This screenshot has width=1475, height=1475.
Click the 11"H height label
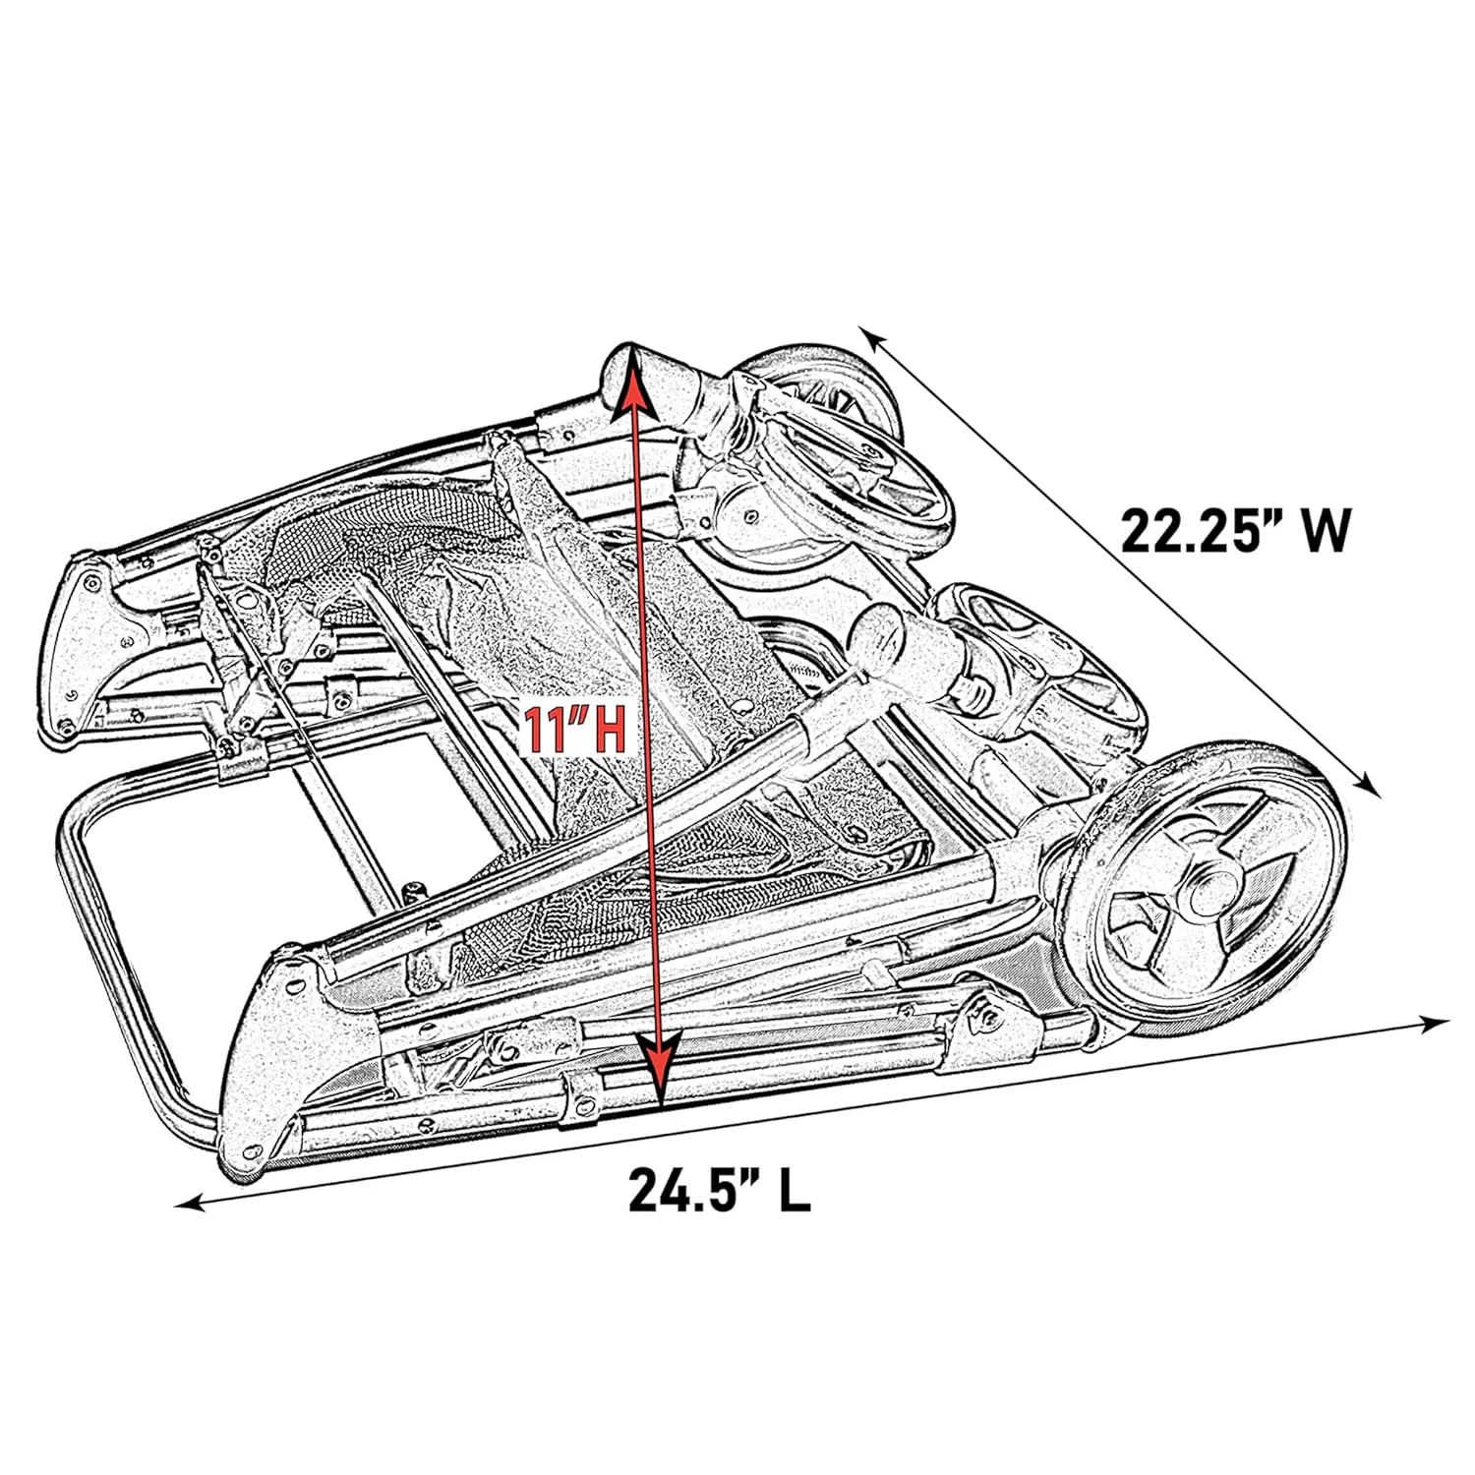click(572, 730)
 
